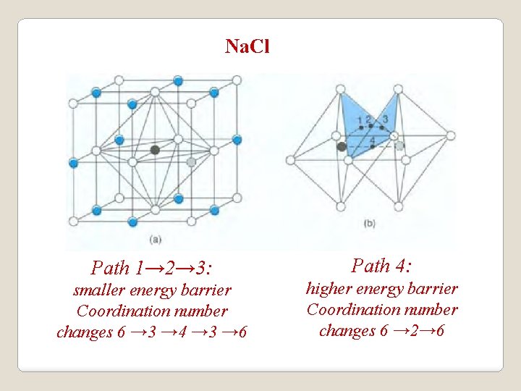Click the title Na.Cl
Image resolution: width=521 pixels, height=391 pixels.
point(247,47)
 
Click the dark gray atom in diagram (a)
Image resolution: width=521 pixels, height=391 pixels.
point(155,150)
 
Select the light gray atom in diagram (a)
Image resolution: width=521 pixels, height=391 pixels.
point(191,162)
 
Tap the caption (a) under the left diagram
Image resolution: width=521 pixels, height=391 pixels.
point(155,238)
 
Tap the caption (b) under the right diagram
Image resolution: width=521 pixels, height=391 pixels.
point(369,224)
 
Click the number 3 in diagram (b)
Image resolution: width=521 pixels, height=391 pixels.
point(385,119)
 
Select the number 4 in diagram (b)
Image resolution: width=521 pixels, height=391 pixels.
point(372,139)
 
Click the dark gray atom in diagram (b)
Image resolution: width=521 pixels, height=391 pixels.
point(342,146)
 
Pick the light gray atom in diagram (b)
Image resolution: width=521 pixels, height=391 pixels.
point(399,146)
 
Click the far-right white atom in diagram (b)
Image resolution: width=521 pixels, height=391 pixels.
point(451,135)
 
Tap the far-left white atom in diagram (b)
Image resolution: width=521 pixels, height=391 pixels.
point(292,159)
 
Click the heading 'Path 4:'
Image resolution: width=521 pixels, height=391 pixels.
point(381,266)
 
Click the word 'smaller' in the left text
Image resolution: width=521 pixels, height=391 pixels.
point(100,290)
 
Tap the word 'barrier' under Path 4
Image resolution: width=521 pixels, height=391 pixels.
point(432,289)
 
